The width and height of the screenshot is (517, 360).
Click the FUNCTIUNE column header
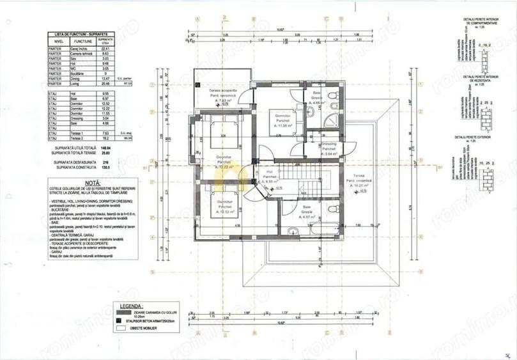tap(79, 41)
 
